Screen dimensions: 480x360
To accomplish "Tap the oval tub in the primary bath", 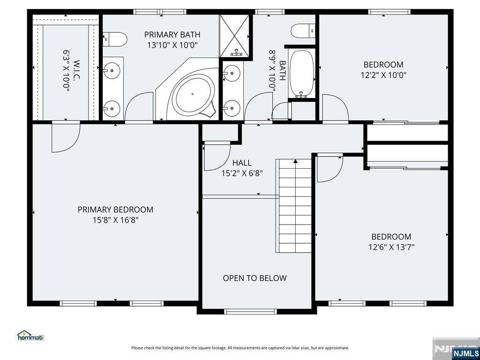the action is coord(191,94).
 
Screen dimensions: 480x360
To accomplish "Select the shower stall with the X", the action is coord(235,36).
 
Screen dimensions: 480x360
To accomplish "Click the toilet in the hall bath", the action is coord(303,31).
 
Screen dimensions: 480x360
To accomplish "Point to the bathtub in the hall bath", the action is coord(302,73).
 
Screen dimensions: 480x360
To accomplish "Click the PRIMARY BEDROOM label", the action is coord(115,210).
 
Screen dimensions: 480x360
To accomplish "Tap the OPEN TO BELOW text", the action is coord(255,278).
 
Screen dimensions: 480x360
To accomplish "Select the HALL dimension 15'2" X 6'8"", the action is coord(242,173).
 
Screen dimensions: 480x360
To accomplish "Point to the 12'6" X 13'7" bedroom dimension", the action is coord(391,247).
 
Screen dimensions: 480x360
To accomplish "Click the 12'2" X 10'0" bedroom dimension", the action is coord(383,75).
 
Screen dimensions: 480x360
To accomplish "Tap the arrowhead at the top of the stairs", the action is coord(295,161).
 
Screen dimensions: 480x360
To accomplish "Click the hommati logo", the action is coord(30,336).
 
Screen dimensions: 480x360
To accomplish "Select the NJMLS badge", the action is coord(465,353).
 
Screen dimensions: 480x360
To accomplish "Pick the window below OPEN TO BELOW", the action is coord(250,312).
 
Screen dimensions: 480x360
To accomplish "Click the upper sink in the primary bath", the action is coord(112,71).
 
